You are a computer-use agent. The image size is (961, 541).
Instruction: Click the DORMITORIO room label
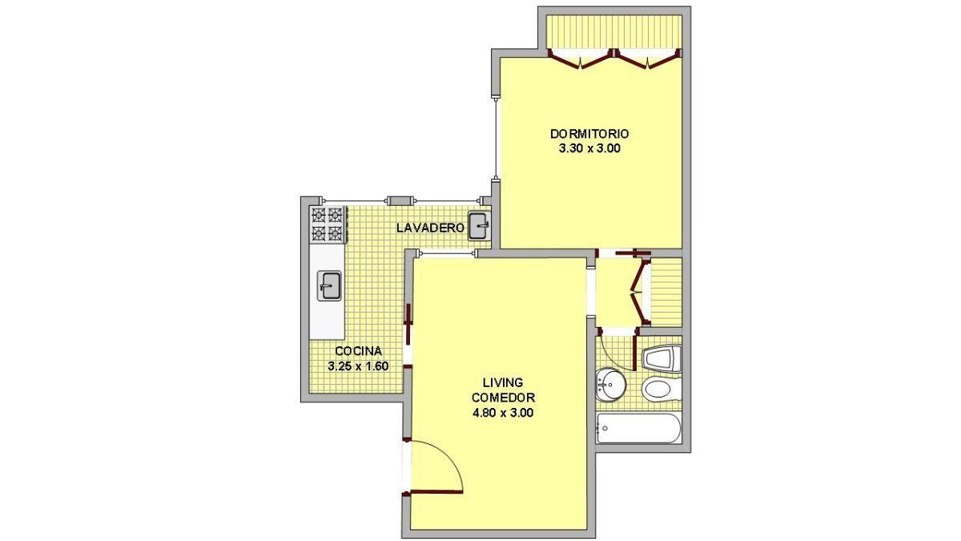[x=589, y=134]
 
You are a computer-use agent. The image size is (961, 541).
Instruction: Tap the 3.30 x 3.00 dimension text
[x=589, y=149]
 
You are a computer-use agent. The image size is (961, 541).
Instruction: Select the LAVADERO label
[x=430, y=228]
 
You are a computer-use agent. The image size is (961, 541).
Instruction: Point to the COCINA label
[x=358, y=351]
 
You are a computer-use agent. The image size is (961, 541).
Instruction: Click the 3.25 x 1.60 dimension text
[x=358, y=366]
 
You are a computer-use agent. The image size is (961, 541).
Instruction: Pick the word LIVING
[x=503, y=382]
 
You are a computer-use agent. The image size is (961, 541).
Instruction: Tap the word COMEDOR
[x=503, y=398]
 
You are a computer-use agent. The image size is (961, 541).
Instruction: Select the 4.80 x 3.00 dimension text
[x=503, y=413]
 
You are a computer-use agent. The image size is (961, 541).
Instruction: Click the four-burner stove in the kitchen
[x=328, y=224]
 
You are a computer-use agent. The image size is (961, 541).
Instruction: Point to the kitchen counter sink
[x=329, y=285]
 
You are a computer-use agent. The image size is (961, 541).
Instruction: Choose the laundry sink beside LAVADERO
[x=479, y=226]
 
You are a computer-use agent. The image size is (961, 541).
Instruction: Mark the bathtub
[x=638, y=429]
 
